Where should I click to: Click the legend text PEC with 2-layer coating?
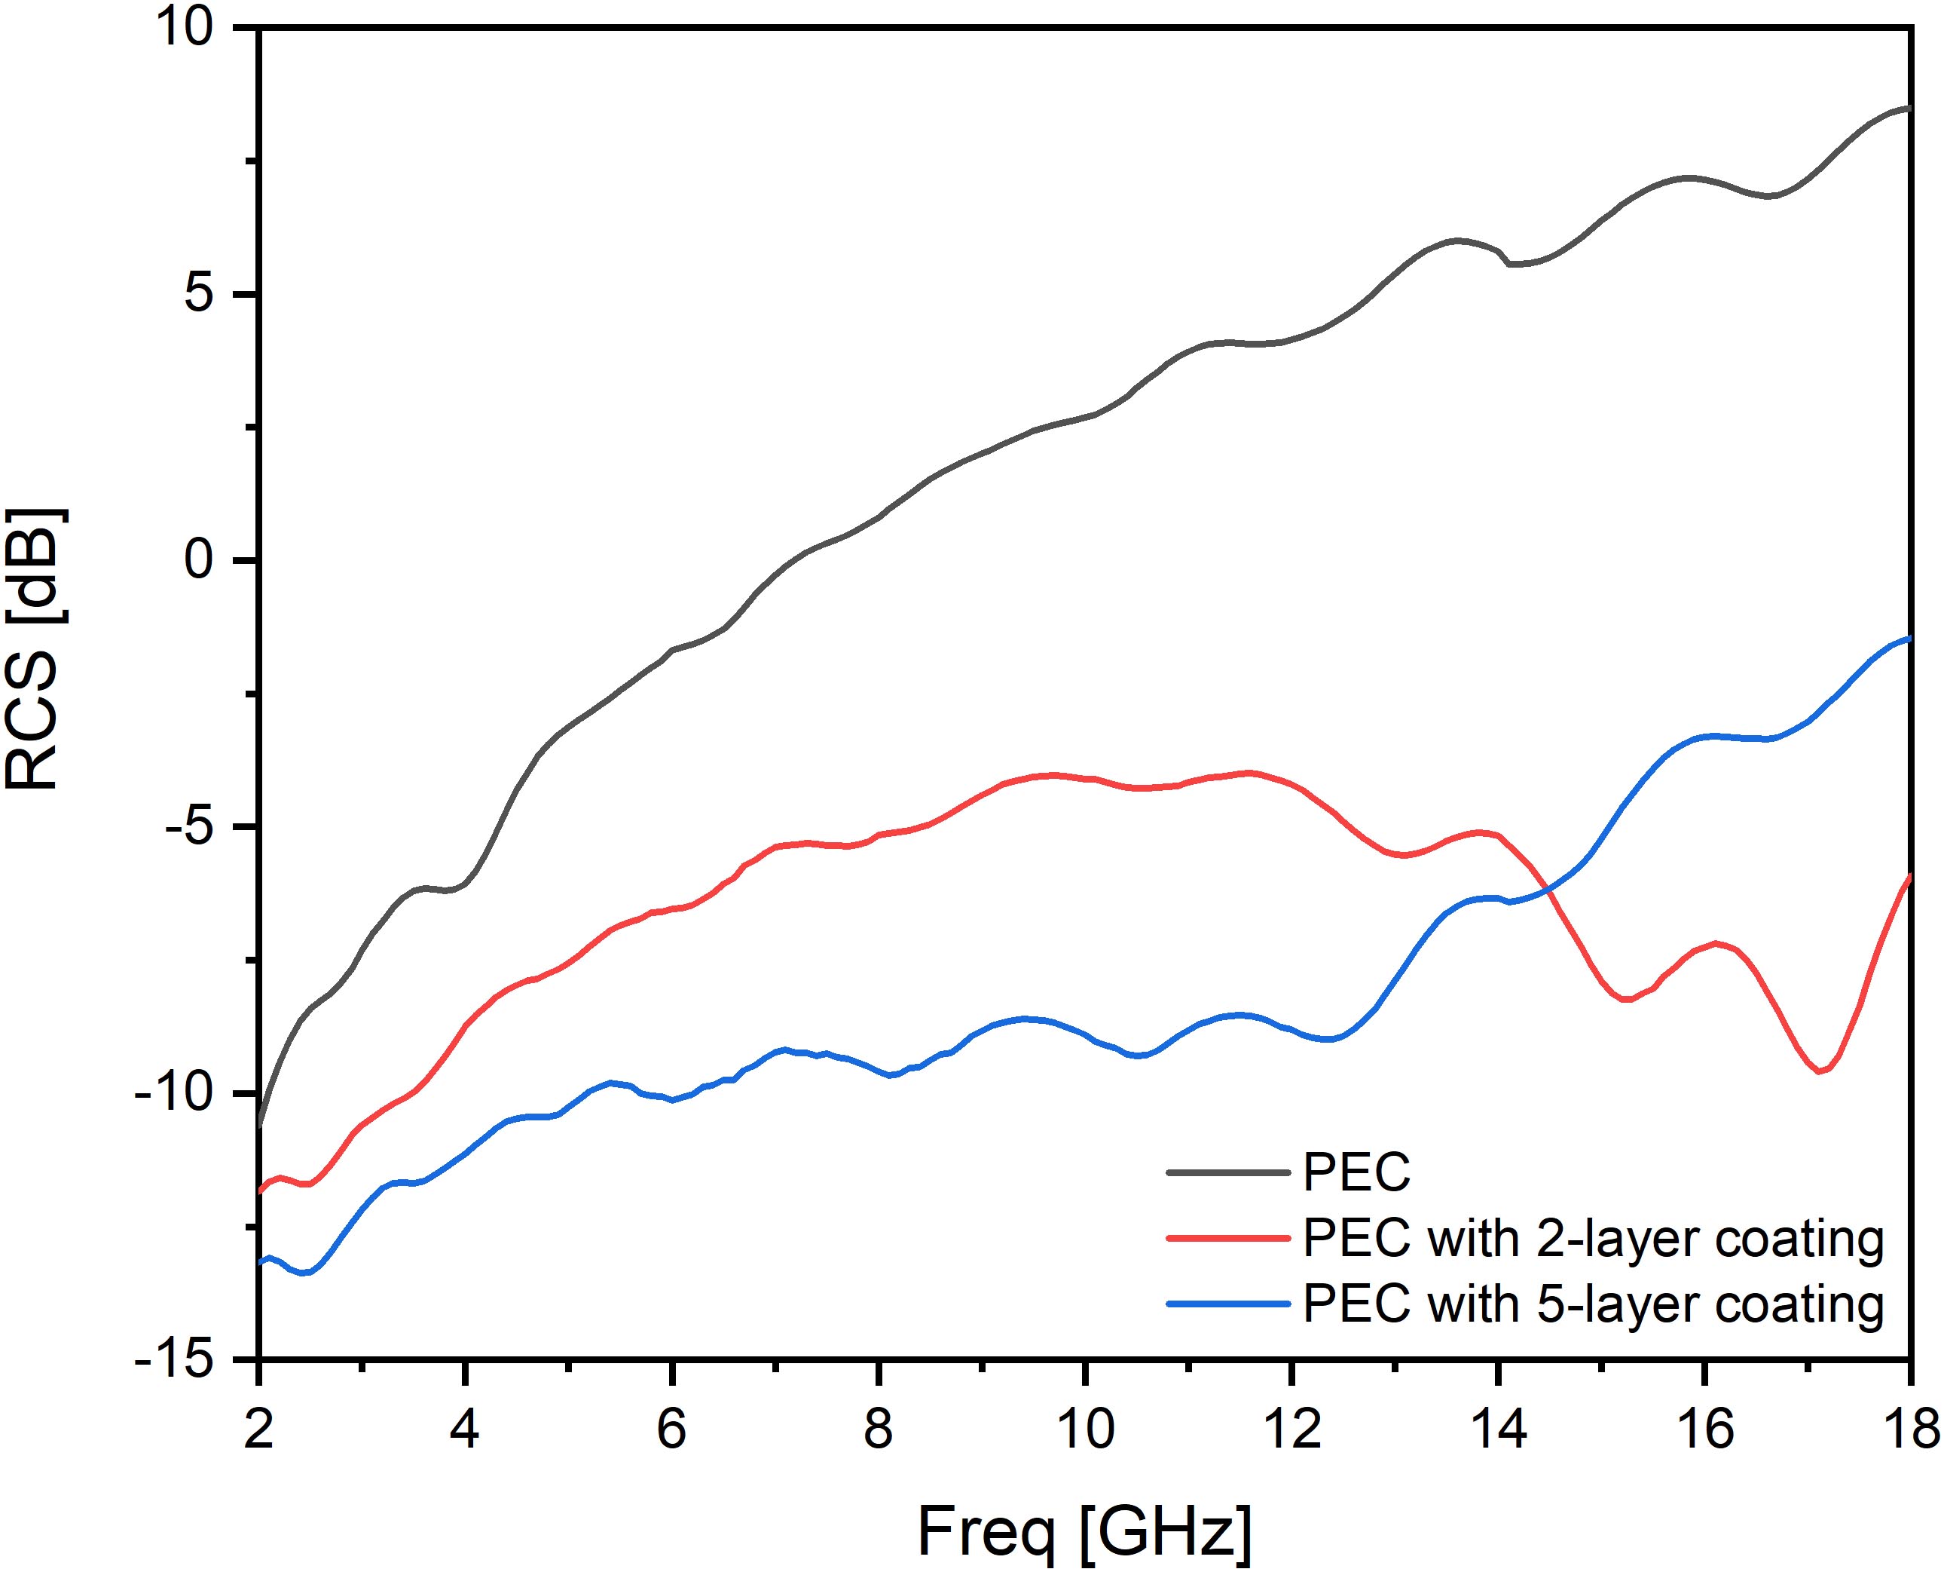pyautogui.click(x=1593, y=1238)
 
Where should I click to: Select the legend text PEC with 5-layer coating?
pyautogui.click(x=1593, y=1304)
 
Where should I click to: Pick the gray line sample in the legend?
pyautogui.click(x=1228, y=1172)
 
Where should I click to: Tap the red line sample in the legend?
pyautogui.click(x=1228, y=1238)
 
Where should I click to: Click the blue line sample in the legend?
pyautogui.click(x=1228, y=1304)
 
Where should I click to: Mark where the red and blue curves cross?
pyautogui.click(x=1549, y=891)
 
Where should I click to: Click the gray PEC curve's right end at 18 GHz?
pyautogui.click(x=1909, y=134)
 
